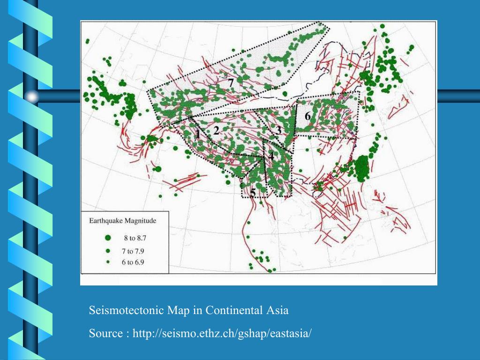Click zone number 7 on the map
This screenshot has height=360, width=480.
231,82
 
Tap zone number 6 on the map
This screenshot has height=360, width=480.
307,116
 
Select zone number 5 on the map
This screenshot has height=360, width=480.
253,192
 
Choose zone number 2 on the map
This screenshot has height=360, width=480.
216,131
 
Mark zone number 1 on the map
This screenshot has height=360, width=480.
198,134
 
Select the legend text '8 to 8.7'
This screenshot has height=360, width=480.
135,238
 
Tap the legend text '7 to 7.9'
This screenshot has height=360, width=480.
133,251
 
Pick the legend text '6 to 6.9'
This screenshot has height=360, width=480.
133,262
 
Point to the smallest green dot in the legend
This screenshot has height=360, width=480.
108,262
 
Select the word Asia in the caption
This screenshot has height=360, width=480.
278,310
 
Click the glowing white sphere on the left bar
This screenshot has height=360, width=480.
32,97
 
